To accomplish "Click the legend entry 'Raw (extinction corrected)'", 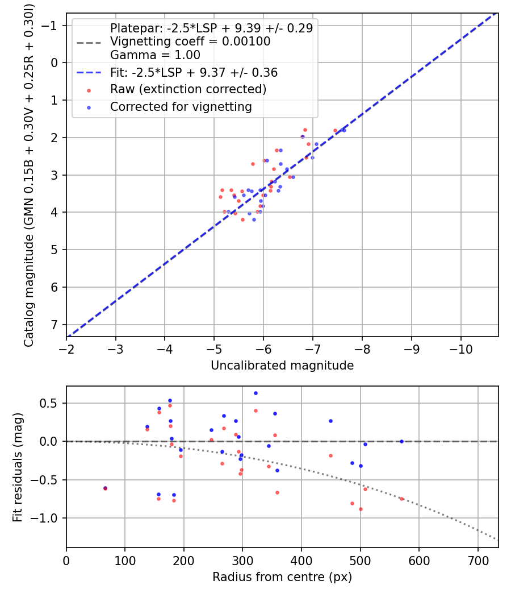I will click(188, 89).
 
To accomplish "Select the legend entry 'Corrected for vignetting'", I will click(181, 106).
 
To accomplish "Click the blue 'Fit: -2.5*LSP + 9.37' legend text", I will click(194, 73).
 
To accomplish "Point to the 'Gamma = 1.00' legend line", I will click(155, 55).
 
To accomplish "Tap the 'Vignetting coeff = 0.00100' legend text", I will click(190, 42).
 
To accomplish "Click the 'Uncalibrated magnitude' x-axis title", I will click(282, 366).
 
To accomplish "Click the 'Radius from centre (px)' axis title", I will click(282, 577).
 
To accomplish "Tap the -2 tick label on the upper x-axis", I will click(66, 347).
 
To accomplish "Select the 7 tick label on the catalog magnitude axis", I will click(55, 324).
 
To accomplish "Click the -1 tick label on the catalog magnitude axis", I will click(52, 26).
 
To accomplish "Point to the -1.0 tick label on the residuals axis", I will click(48, 518).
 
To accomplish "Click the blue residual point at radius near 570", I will click(401, 441).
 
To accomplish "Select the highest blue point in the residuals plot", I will click(256, 393).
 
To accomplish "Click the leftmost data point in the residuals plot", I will click(105, 488).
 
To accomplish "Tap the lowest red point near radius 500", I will click(361, 509).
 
